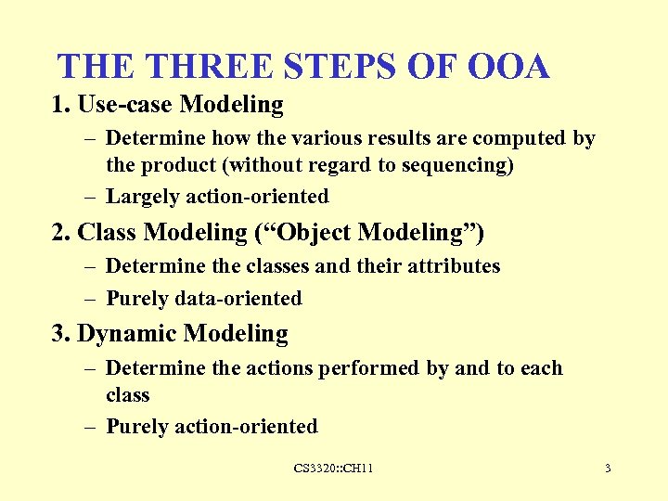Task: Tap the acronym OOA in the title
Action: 509,67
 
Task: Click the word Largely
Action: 143,197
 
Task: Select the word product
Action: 175,164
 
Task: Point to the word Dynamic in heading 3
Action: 127,334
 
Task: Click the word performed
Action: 369,368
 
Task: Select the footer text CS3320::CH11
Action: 334,469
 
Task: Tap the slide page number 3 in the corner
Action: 608,469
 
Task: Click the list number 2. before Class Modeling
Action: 62,231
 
